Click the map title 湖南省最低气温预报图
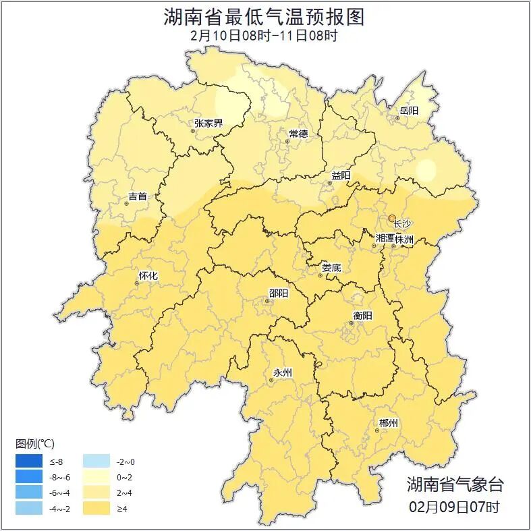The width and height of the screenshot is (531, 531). point(264,16)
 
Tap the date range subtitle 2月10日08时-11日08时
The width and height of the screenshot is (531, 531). point(264,36)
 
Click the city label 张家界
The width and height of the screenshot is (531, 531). point(208,123)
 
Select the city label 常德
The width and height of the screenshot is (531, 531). point(298,134)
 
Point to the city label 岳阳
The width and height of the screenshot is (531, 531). point(409,110)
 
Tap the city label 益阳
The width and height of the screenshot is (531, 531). point(341,175)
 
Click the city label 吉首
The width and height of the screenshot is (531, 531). point(137,196)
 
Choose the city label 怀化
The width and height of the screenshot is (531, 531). point(148,276)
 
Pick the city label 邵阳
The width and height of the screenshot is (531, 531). point(278,293)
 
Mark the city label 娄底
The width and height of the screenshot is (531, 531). point(331,268)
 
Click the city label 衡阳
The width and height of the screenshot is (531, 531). point(362,315)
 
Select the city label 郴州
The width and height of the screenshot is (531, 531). point(388,423)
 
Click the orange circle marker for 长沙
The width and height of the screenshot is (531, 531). point(392,218)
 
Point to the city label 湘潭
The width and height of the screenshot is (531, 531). point(385,239)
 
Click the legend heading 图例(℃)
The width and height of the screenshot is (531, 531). point(35,443)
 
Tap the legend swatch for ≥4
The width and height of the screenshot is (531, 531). point(96,508)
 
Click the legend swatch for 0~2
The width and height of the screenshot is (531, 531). point(96,477)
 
